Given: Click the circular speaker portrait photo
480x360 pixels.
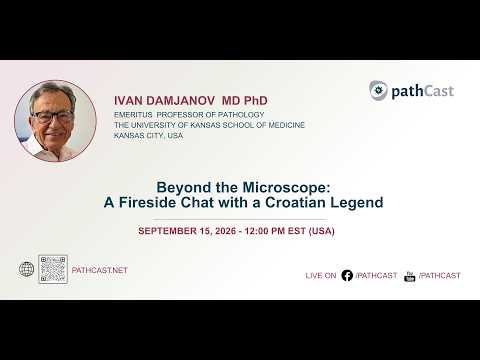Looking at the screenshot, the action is pos(55,121).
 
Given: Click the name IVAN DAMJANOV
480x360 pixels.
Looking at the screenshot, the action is pos(160,101).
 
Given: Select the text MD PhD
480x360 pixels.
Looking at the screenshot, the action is pos(245,101).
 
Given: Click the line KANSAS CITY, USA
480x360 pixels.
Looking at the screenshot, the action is pos(148,136).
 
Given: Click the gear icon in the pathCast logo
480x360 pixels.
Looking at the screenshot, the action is pos(378,90).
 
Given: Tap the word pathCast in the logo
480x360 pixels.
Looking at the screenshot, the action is pos(423,91).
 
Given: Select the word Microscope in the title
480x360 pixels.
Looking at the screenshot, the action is pos(286,187).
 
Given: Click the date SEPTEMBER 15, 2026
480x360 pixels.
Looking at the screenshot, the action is pos(187,231).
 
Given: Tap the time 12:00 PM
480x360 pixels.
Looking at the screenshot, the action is pos(265,231).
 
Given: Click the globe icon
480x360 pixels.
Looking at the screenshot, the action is pos(26,269).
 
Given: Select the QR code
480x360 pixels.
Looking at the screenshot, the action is pos(53,269).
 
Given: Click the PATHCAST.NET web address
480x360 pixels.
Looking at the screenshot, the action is pos(100,270).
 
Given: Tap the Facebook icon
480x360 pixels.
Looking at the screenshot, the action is pos(347,275).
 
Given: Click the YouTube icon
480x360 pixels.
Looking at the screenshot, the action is pos(409,276).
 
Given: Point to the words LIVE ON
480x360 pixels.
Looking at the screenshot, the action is pos(321,276).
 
